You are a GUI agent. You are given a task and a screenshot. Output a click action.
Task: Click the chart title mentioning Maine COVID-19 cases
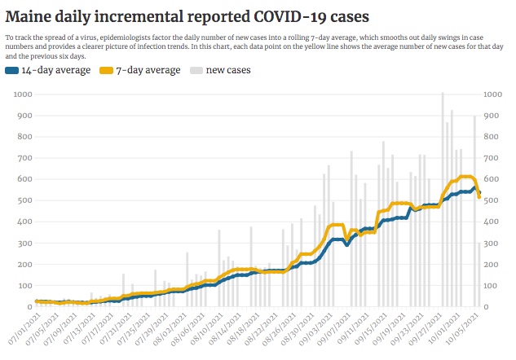pyautogui.click(x=187, y=16)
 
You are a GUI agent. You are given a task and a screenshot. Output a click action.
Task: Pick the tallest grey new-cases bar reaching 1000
pyautogui.click(x=443, y=200)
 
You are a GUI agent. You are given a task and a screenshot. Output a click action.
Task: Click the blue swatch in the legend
pyautogui.click(x=12, y=71)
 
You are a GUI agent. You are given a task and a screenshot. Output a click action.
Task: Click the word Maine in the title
pyautogui.click(x=29, y=16)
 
